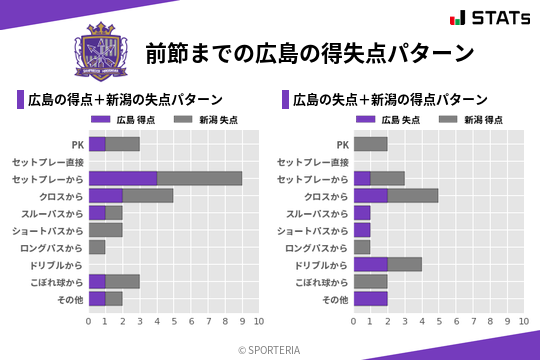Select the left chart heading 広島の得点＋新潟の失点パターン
[x=125, y=99]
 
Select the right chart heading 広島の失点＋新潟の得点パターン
[x=390, y=99]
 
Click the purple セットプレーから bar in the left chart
[x=123, y=178]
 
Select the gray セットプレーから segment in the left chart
[x=199, y=178]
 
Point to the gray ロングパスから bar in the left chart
[x=97, y=247]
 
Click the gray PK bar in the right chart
[x=370, y=144]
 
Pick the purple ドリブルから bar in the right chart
[x=370, y=264]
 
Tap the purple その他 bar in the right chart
[x=370, y=298]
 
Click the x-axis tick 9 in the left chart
[x=242, y=321]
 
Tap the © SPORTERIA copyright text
[x=270, y=349]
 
